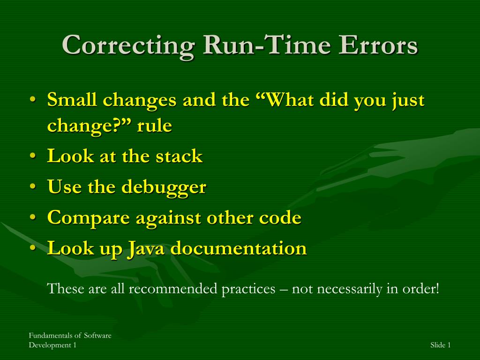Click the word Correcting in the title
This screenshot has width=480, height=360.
pyautogui.click(x=128, y=45)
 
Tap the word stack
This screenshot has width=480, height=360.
pyautogui.click(x=179, y=156)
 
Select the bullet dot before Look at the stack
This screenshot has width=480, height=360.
pyautogui.click(x=33, y=156)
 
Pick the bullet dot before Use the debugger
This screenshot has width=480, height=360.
pyautogui.click(x=33, y=187)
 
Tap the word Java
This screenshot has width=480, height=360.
pyautogui.click(x=146, y=248)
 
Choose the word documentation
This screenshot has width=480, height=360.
pyautogui.click(x=239, y=247)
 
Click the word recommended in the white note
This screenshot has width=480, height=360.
pyautogui.click(x=172, y=288)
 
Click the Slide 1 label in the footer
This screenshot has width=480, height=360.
pyautogui.click(x=441, y=345)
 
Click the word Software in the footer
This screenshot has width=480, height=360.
pyautogui.click(x=97, y=336)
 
